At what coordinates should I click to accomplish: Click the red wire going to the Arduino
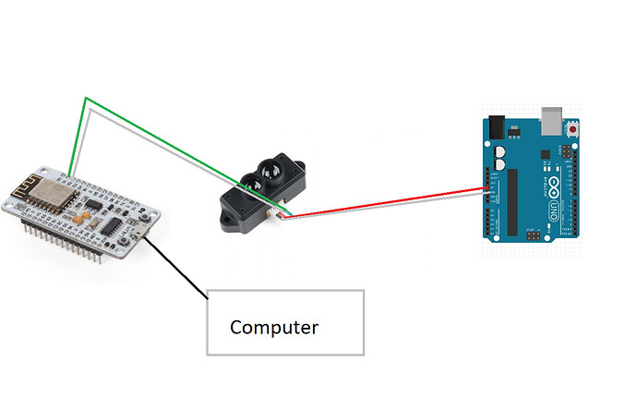[x=388, y=204]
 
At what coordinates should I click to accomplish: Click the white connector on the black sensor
[x=278, y=215]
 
